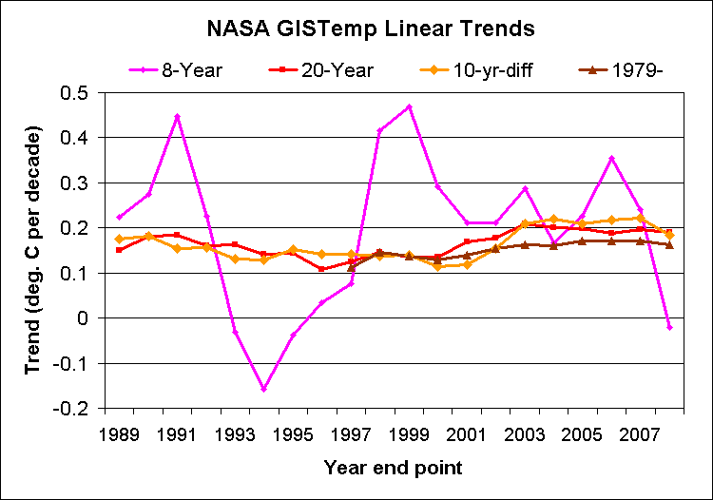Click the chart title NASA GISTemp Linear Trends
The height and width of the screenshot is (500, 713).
pyautogui.click(x=356, y=29)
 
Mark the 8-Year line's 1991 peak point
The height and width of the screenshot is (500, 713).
pyautogui.click(x=177, y=117)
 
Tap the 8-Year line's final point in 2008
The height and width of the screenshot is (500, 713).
pyautogui.click(x=669, y=327)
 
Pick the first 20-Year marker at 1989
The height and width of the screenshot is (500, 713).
pyautogui.click(x=119, y=250)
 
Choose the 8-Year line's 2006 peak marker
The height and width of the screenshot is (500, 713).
pyautogui.click(x=611, y=159)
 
